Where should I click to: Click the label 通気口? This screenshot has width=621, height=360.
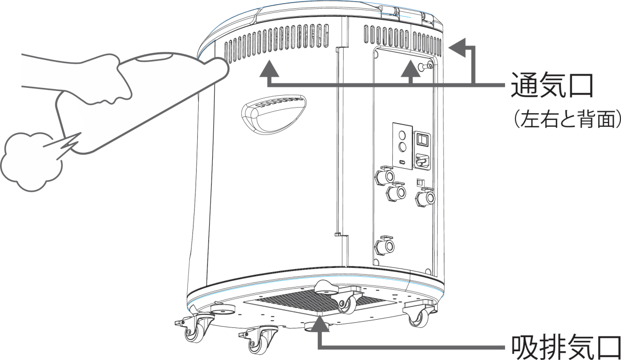click(552, 85)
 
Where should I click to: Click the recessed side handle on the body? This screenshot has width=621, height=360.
click(274, 114)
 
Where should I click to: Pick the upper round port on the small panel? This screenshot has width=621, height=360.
click(402, 136)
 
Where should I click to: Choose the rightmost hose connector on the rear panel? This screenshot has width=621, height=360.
click(425, 197)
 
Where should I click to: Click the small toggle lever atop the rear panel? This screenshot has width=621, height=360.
click(424, 66)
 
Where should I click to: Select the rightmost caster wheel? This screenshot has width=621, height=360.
click(419, 319)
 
